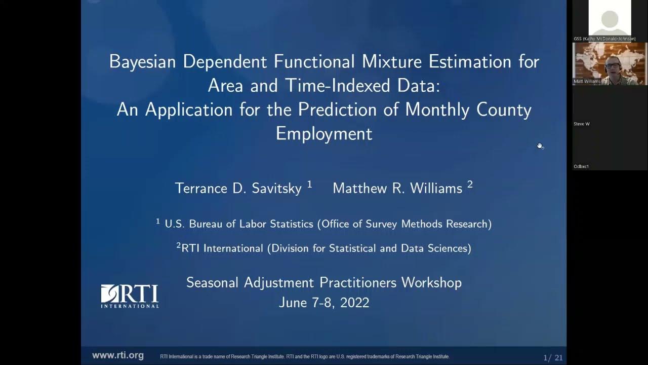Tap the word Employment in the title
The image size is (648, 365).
point(324,133)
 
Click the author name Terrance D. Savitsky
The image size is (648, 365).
point(239,188)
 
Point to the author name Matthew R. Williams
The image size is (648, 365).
point(397,188)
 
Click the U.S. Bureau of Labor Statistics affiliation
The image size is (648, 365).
point(328,224)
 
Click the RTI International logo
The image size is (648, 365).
point(130,296)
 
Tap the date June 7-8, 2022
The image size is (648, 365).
point(324,303)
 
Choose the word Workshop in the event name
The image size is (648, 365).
point(431,282)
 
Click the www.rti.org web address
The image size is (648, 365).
point(117,356)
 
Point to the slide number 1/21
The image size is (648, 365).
point(553,358)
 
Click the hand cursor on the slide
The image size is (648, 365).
point(540,146)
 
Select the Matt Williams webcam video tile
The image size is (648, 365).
point(610,63)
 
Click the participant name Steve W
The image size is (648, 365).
point(582,124)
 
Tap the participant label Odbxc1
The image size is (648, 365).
point(581,166)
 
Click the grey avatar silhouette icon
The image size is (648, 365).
point(610,20)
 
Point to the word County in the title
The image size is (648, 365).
point(504,109)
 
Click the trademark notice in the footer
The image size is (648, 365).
point(305,356)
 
